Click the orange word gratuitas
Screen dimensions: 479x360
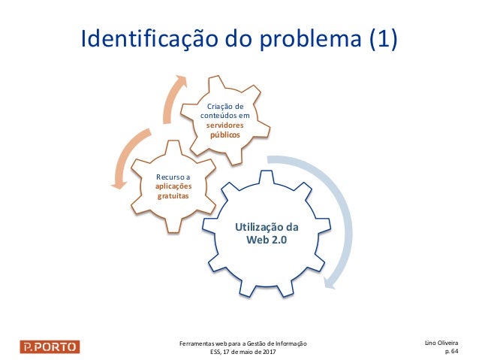tap(173, 195)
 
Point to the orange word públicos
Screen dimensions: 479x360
tap(225, 135)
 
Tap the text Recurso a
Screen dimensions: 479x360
tap(173, 177)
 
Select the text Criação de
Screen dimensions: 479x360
tap(225, 107)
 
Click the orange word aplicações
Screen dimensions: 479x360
tap(173, 186)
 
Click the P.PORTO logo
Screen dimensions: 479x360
tap(50, 346)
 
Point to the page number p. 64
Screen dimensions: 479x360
tap(453, 350)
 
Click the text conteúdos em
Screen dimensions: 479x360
tap(225, 116)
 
